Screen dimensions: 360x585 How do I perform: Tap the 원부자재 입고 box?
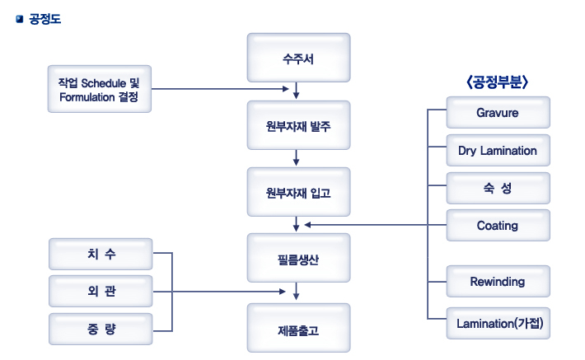click(x=298, y=192)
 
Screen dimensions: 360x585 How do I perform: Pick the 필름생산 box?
click(x=298, y=259)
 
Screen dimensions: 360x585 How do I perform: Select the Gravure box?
click(x=497, y=113)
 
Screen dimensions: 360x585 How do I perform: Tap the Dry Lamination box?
click(x=497, y=151)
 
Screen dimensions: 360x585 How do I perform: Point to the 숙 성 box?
click(x=497, y=188)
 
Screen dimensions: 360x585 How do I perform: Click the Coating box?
click(x=497, y=225)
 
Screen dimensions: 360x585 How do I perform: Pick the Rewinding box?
click(x=497, y=282)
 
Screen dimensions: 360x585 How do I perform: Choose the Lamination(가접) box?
click(x=497, y=323)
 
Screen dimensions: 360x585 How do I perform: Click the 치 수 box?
click(x=101, y=254)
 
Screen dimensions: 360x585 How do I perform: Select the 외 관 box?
click(x=101, y=292)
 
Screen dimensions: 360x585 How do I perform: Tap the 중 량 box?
click(x=101, y=330)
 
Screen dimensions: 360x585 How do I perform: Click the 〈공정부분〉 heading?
click(x=497, y=82)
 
